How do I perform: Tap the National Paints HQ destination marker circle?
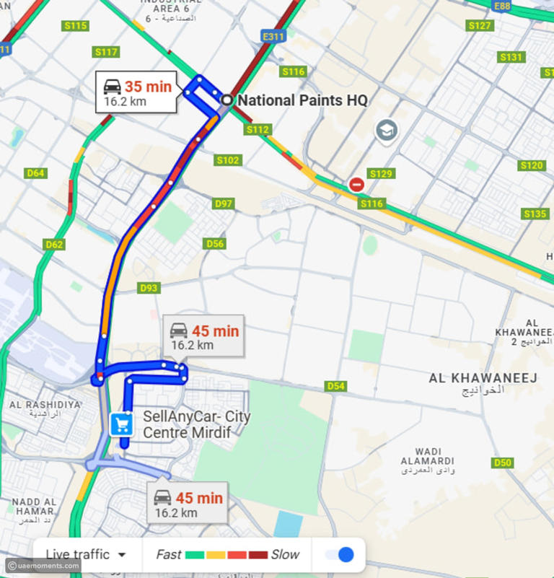(227, 100)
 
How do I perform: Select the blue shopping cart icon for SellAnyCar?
(121, 424)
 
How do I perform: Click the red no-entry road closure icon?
(356, 185)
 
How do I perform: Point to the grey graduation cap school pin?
(387, 131)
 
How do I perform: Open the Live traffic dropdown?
(86, 554)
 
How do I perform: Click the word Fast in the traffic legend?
(168, 554)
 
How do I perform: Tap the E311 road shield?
(273, 36)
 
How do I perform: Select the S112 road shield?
(257, 130)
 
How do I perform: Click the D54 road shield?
(335, 386)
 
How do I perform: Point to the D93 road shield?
(149, 288)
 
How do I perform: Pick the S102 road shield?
(228, 160)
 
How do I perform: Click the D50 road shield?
(502, 463)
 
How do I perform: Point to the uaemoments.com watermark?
(43, 566)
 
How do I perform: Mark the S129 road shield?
(381, 174)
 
